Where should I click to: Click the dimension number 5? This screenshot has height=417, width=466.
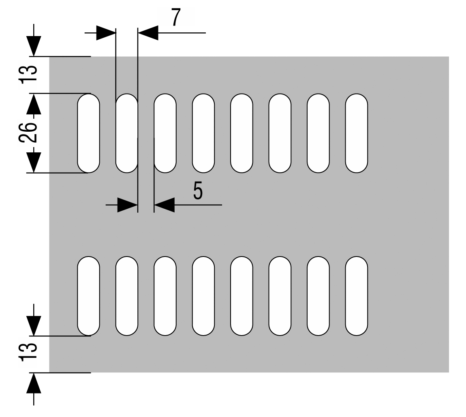point(197,190)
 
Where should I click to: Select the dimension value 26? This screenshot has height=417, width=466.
point(28,132)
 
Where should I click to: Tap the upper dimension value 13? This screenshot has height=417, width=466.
point(28,74)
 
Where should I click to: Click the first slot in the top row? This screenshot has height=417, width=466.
point(88,133)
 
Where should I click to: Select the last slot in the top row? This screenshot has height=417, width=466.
point(357,133)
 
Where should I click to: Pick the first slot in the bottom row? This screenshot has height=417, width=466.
point(88,296)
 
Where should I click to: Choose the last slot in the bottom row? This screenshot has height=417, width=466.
point(357,296)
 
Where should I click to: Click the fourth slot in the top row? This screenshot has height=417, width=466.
point(203,133)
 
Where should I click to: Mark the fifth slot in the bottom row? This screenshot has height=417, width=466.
point(242,296)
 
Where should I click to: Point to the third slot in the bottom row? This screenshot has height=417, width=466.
point(165,296)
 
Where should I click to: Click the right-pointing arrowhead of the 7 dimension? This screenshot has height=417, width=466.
point(106,33)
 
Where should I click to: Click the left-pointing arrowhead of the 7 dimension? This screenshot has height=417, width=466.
point(148,33)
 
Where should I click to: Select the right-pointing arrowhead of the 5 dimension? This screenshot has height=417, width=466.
point(128,205)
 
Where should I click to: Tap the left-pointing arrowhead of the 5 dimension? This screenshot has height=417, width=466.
point(164,205)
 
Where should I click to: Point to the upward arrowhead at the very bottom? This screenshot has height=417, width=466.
point(34,383)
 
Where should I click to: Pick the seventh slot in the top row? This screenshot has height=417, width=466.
point(318,133)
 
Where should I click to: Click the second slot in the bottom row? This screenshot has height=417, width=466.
point(127,296)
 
